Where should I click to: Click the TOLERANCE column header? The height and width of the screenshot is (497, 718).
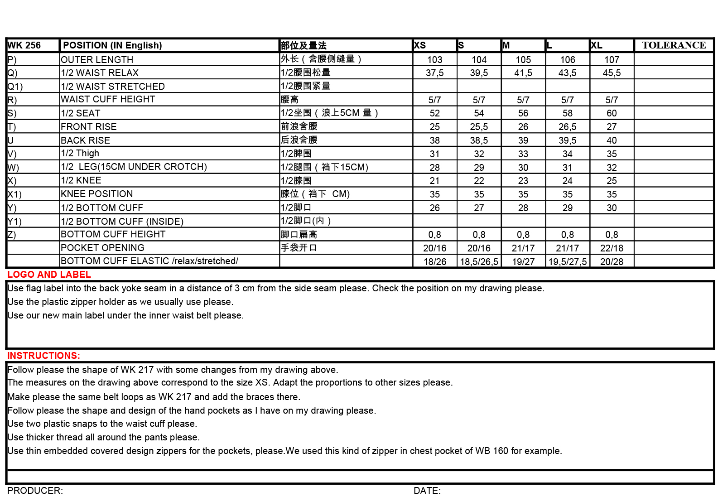tap(674, 45)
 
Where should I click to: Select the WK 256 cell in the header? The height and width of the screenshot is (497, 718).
tap(24, 45)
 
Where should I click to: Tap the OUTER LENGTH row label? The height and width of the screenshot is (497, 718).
tap(97, 60)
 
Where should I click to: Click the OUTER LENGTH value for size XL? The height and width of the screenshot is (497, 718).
tap(612, 60)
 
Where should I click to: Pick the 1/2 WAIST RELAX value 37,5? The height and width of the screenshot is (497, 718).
tap(434, 73)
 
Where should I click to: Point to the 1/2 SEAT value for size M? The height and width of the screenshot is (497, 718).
tap(523, 113)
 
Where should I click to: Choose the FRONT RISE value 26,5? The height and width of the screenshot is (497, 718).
tap(567, 127)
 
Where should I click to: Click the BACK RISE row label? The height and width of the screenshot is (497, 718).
tap(86, 140)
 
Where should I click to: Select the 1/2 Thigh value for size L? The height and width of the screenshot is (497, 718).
tap(567, 154)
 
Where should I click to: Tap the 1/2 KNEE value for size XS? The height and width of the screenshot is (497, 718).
tap(434, 181)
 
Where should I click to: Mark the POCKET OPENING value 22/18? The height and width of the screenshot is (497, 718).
tap(612, 248)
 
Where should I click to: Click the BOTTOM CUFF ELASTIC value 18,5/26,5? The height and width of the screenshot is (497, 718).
tap(479, 262)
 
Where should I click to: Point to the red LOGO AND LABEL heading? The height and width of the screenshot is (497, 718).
tap(49, 275)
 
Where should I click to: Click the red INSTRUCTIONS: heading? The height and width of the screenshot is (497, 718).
tap(43, 356)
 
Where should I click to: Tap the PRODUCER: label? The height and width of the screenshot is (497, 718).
tap(35, 491)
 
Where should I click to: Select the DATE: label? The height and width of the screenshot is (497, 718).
tap(427, 491)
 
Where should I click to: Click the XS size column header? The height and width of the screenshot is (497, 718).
tap(420, 45)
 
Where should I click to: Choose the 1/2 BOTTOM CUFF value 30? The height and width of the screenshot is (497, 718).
tap(612, 208)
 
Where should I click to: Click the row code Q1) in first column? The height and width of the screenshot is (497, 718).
tap(15, 87)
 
